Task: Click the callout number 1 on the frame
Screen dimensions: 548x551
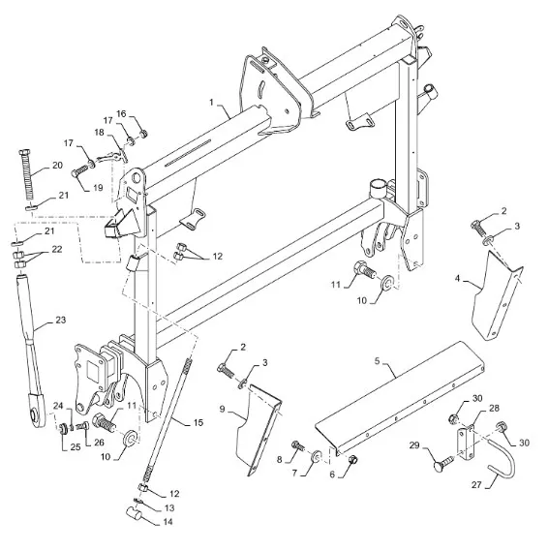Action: click(x=211, y=103)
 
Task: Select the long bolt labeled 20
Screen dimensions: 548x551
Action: click(x=26, y=174)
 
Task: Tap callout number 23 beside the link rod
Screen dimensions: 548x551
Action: click(x=60, y=320)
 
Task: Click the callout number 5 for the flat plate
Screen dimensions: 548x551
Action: click(x=378, y=361)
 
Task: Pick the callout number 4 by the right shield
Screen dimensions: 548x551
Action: click(x=457, y=278)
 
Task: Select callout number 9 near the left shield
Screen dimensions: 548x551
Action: click(x=222, y=410)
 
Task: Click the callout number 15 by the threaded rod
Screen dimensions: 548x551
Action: click(x=198, y=422)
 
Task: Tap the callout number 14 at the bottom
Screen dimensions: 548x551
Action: click(x=167, y=522)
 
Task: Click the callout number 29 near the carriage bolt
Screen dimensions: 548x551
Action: click(x=414, y=445)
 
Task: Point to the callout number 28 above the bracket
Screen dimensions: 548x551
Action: click(x=494, y=408)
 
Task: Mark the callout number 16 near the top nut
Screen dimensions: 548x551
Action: click(x=121, y=114)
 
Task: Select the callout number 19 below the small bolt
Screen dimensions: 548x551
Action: click(x=99, y=188)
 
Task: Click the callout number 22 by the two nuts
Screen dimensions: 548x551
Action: click(x=57, y=249)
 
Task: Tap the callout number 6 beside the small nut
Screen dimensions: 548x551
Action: click(x=332, y=474)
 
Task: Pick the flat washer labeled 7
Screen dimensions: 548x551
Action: click(x=315, y=455)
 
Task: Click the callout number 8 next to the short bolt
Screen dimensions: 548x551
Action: click(x=279, y=459)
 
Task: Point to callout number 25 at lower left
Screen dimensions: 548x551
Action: click(x=76, y=447)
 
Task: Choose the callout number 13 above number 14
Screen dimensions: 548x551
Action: click(x=169, y=507)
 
